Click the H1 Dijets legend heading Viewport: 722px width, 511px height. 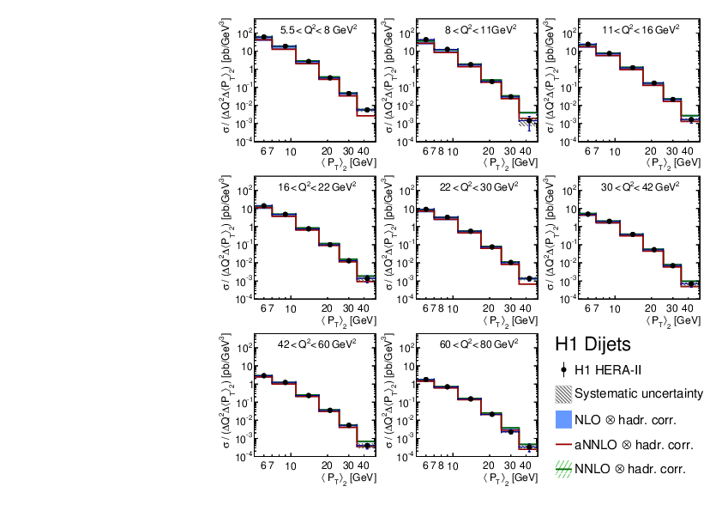[x=593, y=344]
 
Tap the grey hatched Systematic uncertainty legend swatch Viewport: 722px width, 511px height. [x=563, y=395]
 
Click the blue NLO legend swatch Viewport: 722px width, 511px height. [x=563, y=420]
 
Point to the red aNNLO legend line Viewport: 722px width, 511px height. [x=563, y=446]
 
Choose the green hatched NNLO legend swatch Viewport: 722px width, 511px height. [x=563, y=470]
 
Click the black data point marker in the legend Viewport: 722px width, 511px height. [x=563, y=370]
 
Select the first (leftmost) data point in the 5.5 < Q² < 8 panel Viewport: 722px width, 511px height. [x=265, y=37]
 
